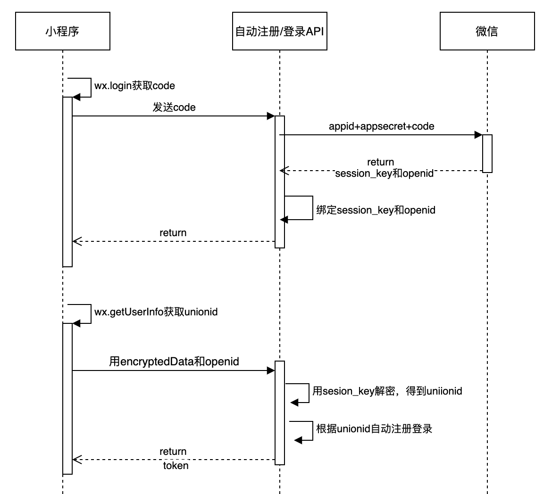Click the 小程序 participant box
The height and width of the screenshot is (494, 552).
(62, 32)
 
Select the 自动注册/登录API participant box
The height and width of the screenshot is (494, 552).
(279, 32)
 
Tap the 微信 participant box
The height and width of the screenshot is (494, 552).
(487, 32)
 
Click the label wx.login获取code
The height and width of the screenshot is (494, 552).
(134, 86)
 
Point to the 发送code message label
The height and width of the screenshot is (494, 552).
(174, 107)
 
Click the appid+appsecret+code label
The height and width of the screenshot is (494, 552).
(381, 126)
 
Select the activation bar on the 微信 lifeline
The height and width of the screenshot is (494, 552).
(487, 153)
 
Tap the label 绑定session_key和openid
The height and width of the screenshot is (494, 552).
(376, 210)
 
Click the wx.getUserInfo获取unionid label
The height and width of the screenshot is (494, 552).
(156, 312)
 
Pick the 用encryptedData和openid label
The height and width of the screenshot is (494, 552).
(174, 362)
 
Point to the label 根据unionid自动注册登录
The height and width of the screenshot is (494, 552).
(374, 428)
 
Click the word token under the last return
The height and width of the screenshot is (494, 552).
(176, 466)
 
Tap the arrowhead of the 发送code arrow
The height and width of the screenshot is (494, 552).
(271, 116)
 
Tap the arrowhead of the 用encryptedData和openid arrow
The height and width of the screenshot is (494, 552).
(271, 370)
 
